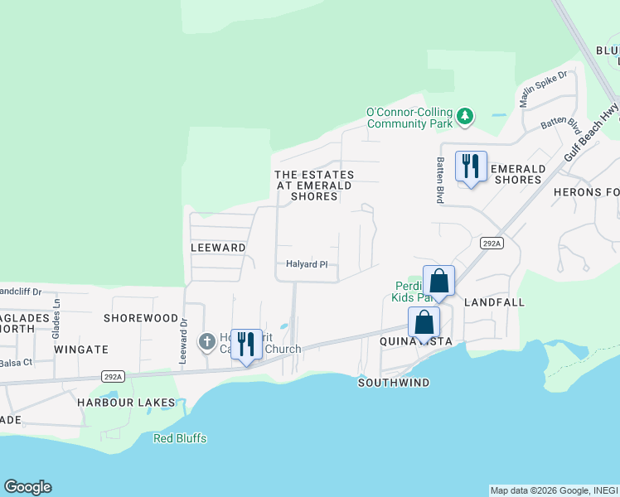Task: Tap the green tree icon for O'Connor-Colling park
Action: [466, 116]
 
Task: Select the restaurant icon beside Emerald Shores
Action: [471, 166]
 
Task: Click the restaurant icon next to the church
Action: [245, 344]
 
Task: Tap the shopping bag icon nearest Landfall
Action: [438, 281]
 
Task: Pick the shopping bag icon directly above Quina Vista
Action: [424, 322]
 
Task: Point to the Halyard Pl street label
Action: [308, 264]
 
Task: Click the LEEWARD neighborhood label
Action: [218, 248]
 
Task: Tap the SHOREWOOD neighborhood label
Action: [141, 318]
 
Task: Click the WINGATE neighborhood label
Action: [81, 350]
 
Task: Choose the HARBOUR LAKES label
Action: [126, 403]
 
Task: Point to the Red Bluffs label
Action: [180, 438]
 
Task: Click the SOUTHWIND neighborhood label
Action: [394, 383]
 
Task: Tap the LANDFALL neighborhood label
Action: [494, 302]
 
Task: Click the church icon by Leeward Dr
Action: [206, 340]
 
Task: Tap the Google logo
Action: [27, 487]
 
